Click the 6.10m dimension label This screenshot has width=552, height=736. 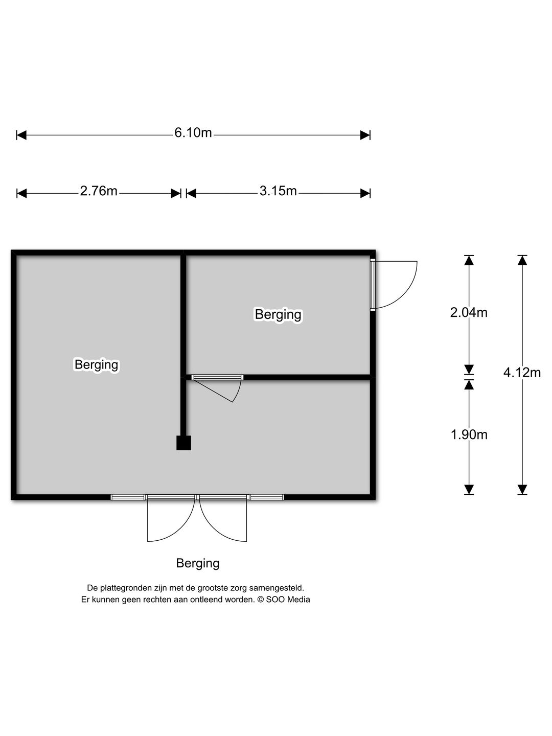(x=193, y=133)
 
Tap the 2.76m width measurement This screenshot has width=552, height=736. (x=99, y=191)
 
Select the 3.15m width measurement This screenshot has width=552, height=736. (x=278, y=191)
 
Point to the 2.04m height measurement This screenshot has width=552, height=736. (x=469, y=312)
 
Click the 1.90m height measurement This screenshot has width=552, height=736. (x=469, y=434)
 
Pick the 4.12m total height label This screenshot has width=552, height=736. (x=522, y=372)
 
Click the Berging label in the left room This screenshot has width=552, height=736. (x=96, y=364)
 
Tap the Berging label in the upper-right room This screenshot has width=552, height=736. (x=278, y=314)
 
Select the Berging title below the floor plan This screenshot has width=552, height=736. (x=198, y=563)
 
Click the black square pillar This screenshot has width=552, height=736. (x=183, y=443)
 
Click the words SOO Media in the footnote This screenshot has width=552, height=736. (x=288, y=599)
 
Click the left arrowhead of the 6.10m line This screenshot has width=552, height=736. (x=21, y=135)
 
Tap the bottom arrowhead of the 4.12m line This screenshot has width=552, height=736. (x=522, y=490)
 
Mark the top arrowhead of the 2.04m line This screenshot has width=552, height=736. (x=469, y=260)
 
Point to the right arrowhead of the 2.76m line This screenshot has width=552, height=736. (x=176, y=194)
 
